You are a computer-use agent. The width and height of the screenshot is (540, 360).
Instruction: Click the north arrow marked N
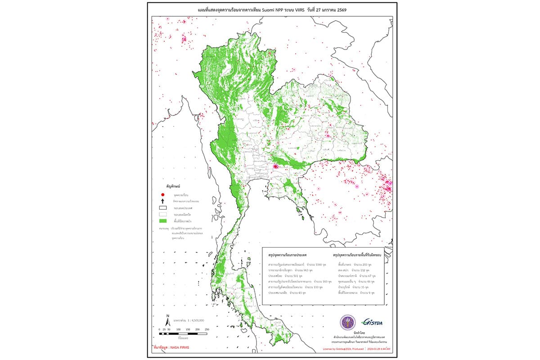tap(167, 320)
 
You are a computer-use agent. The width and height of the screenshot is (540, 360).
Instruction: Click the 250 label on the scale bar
tap(207, 330)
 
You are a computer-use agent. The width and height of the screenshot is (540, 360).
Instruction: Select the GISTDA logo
tap(372, 321)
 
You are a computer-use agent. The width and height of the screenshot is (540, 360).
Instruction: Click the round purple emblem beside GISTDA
tap(347, 322)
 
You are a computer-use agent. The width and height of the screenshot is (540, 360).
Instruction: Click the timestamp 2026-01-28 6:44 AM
tap(378, 349)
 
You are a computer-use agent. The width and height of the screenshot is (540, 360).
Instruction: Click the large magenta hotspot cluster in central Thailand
tap(275, 167)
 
